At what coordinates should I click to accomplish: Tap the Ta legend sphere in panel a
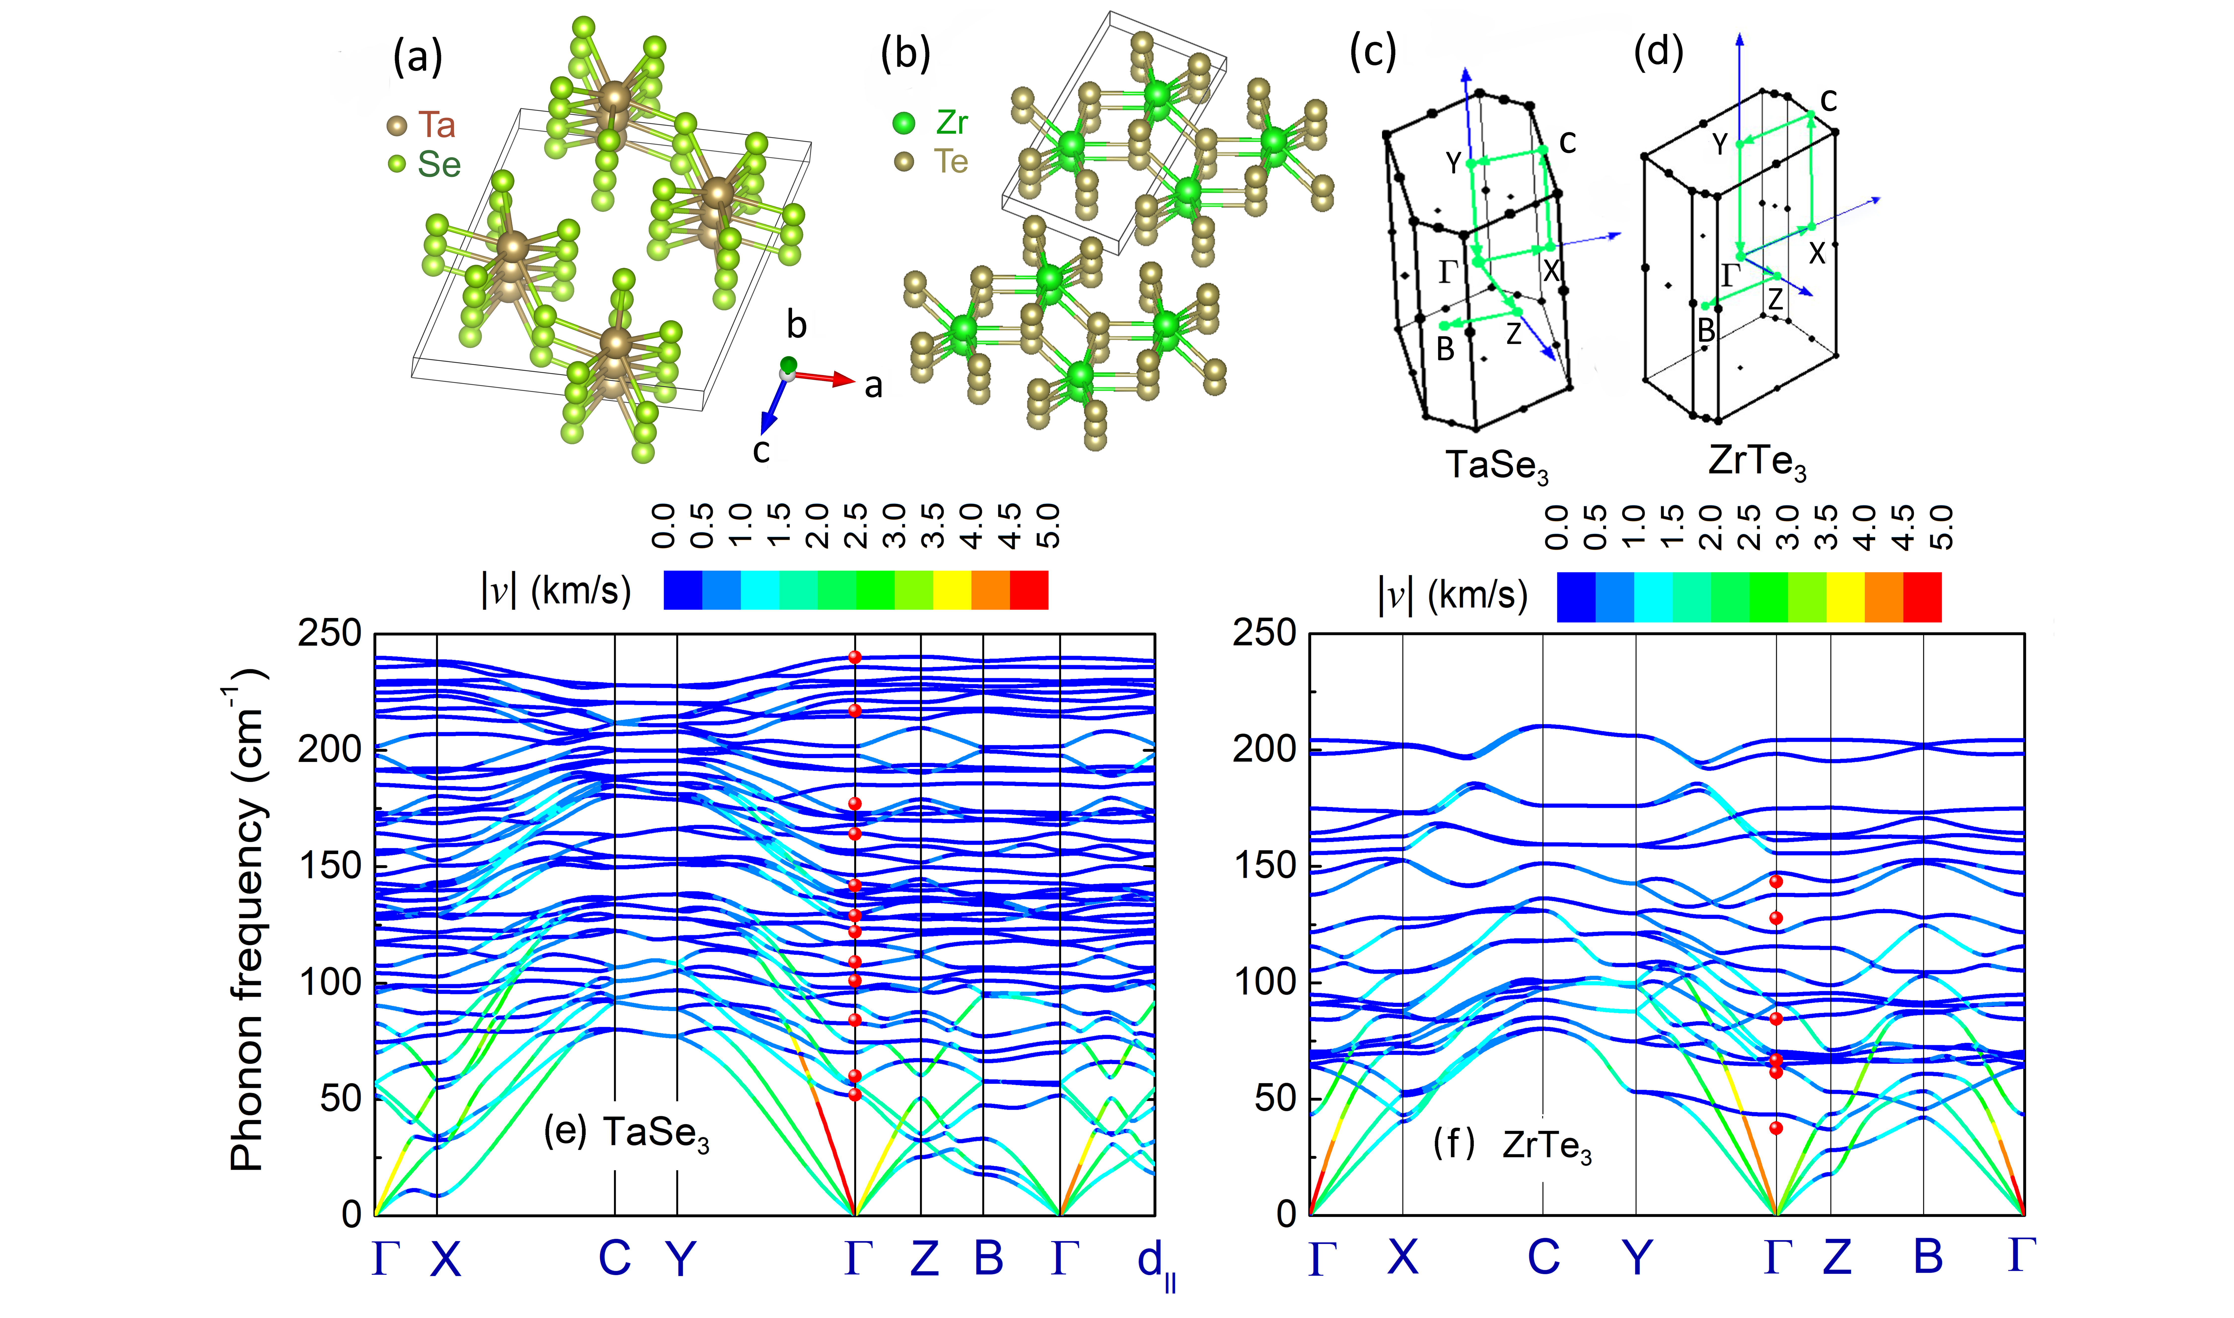397,125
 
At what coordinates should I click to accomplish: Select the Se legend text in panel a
440,164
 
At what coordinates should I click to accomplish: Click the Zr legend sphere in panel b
904,123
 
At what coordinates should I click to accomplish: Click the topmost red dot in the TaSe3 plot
855,657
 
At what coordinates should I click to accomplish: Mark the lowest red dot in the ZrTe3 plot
1776,1128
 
